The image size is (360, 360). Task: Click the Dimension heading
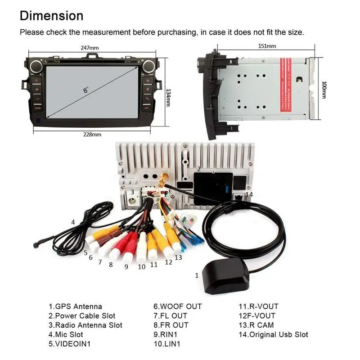pos(51,16)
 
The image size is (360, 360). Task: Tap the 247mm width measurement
pos(90,48)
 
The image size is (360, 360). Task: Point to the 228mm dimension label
pos(92,134)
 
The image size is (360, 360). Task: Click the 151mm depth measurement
pos(268,46)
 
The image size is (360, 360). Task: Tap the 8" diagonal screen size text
pos(85,90)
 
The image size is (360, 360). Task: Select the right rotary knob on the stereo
pos(148,67)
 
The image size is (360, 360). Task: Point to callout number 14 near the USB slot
pos(249,194)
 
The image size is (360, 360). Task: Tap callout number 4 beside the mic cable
pos(73,222)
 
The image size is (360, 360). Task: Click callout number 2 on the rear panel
pos(198,169)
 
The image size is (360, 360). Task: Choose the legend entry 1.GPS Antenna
pos(76,306)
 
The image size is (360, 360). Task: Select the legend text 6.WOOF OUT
pos(178,306)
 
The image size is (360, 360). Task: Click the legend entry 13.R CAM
pos(256,325)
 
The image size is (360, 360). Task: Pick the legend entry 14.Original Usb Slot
pos(273,334)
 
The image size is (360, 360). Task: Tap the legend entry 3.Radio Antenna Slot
pos(85,325)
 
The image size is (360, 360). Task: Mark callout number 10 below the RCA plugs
pos(142,266)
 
